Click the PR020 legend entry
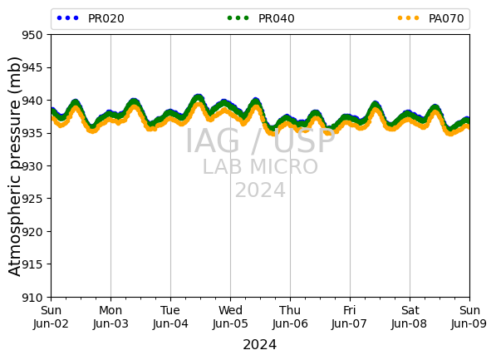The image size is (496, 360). pyautogui.click(x=91, y=18)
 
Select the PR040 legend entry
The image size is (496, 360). pyautogui.click(x=261, y=18)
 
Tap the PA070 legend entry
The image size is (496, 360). pyautogui.click(x=431, y=18)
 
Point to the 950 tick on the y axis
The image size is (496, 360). pyautogui.click(x=32, y=35)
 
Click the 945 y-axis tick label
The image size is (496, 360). pyautogui.click(x=32, y=67)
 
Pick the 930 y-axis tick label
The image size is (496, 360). pyautogui.click(x=32, y=166)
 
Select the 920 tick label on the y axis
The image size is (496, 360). pyautogui.click(x=32, y=231)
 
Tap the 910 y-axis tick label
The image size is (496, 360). pyautogui.click(x=32, y=298)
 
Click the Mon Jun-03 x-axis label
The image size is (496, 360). pyautogui.click(x=110, y=317)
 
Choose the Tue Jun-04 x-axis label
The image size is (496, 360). pyautogui.click(x=170, y=317)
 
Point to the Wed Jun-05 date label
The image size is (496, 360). pyautogui.click(x=230, y=317)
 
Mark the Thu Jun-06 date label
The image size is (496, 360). pyautogui.click(x=290, y=317)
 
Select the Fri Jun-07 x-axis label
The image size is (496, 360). pyautogui.click(x=350, y=317)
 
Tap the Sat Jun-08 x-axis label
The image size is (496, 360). pyautogui.click(x=410, y=317)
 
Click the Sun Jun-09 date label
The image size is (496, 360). pyautogui.click(x=469, y=317)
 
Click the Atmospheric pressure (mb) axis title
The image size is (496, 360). pyautogui.click(x=14, y=166)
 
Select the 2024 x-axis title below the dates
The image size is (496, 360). pyautogui.click(x=260, y=344)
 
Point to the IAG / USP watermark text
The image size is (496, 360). pyautogui.click(x=260, y=141)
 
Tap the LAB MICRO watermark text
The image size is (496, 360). pyautogui.click(x=260, y=167)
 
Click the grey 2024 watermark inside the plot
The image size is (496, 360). pyautogui.click(x=260, y=190)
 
